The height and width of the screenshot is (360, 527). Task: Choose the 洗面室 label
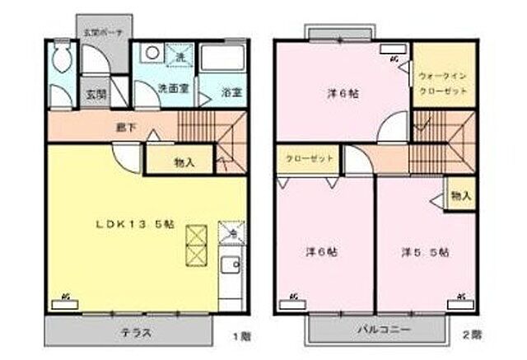coord(175,88)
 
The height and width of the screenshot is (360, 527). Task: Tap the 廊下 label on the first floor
coord(125,127)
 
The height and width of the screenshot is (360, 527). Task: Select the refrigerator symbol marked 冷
coord(233,231)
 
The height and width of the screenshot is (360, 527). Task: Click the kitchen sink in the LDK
coord(231,267)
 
